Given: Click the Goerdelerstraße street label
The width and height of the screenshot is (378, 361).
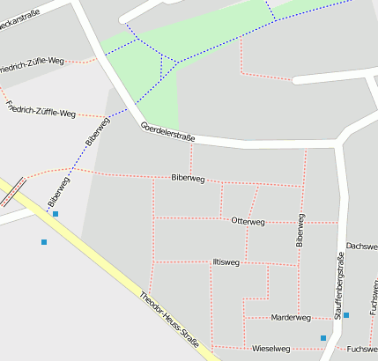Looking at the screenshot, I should pos(167,133).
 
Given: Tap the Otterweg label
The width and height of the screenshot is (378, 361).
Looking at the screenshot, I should pos(247,221).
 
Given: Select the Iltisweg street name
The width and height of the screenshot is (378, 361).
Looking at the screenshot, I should pos(226,262).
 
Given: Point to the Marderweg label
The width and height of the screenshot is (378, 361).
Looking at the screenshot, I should pos(291,317).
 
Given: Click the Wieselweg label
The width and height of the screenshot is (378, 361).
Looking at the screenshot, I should pos(271,349).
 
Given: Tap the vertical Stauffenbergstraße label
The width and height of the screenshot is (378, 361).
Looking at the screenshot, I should pos(337,284).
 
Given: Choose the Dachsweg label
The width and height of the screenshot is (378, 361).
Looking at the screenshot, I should pos(361,247).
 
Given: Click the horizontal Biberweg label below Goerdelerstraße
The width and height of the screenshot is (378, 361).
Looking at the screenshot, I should pos(188,179).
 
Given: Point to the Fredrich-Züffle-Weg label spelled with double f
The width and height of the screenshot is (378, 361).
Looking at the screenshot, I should pos(41,109).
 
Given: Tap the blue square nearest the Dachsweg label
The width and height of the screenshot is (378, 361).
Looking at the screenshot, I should pos(346,315).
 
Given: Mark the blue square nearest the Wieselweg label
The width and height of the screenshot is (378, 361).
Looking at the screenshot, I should pos(323,338).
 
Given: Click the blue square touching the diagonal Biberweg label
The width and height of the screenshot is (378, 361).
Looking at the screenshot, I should pos(56,214).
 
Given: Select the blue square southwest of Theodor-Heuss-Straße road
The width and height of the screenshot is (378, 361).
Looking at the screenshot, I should pos(43,241).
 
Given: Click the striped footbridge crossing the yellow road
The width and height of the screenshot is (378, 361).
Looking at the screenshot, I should pos(12,190).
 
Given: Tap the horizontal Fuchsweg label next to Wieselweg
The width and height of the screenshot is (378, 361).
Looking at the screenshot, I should pos(361,349).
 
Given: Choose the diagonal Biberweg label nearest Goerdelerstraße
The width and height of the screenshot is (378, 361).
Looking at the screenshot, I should pos(98,130).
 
